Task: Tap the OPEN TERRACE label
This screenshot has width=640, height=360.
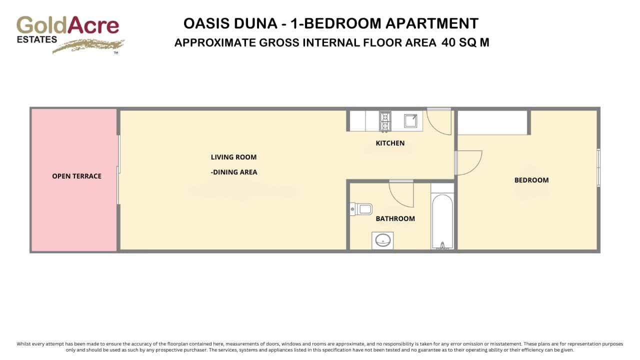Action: click(76, 176)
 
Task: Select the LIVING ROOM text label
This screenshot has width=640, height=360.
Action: click(233, 157)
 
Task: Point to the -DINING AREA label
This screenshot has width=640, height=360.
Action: click(234, 172)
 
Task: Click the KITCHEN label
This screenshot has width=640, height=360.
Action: click(390, 143)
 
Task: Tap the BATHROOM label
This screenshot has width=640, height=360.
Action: click(395, 218)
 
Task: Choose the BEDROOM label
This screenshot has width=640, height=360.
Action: click(531, 180)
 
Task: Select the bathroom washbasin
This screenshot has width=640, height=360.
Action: click(382, 240)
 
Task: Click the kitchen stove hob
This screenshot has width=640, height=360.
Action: click(385, 121)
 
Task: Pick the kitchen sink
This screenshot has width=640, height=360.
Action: click(410, 121)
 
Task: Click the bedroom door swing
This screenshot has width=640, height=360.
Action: click(468, 162)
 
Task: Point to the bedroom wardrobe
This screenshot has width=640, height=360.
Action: click(493, 122)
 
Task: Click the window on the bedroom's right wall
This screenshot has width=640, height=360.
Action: click(598, 167)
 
